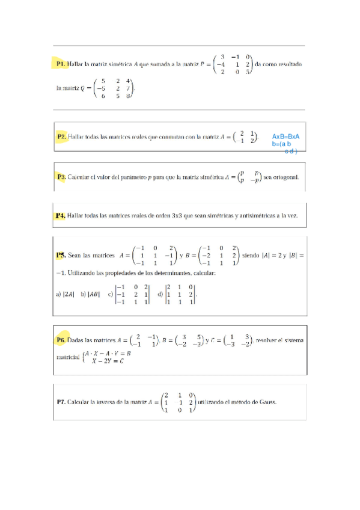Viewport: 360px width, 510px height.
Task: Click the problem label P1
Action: tap(61, 63)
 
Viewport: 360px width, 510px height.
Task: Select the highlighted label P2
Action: tap(61, 137)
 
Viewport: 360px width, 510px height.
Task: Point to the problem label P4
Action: tap(61, 215)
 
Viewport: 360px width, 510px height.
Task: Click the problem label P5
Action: tap(61, 255)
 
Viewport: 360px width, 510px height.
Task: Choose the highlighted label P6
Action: tap(61, 340)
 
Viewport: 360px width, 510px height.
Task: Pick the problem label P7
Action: tap(61, 402)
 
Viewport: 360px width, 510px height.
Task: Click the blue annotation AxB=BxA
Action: tap(285, 137)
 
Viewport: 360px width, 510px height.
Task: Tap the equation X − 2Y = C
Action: tap(108, 361)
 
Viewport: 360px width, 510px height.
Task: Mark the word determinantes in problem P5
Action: tap(162, 273)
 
